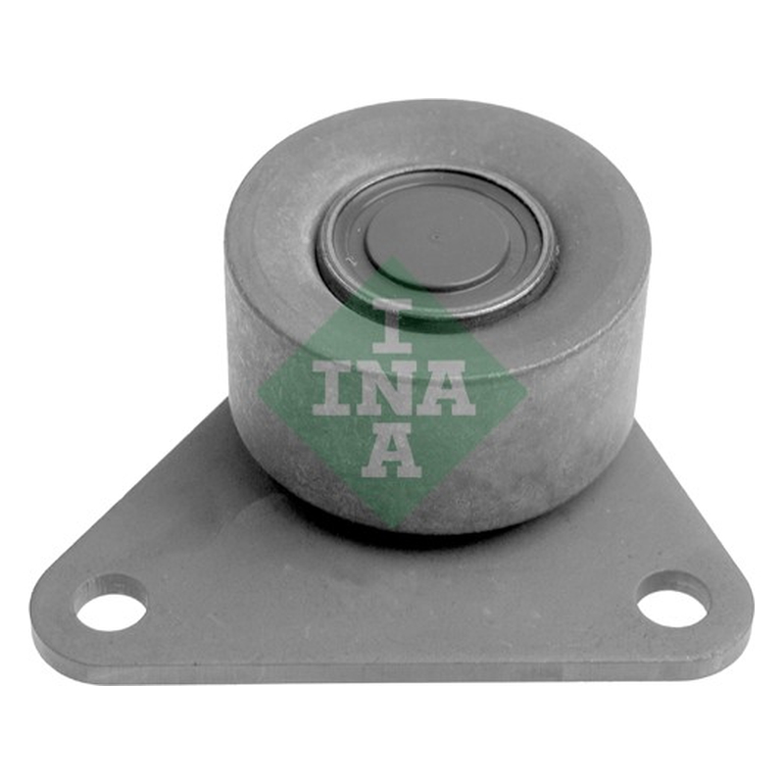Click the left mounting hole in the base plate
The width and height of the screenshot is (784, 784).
point(111,605)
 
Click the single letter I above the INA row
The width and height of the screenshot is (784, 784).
point(392,325)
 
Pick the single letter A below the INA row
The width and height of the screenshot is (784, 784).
point(391,451)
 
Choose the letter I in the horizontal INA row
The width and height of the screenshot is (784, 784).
point(333,388)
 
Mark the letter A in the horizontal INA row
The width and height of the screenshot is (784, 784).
point(446,388)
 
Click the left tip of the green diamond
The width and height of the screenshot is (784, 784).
point(258,389)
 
